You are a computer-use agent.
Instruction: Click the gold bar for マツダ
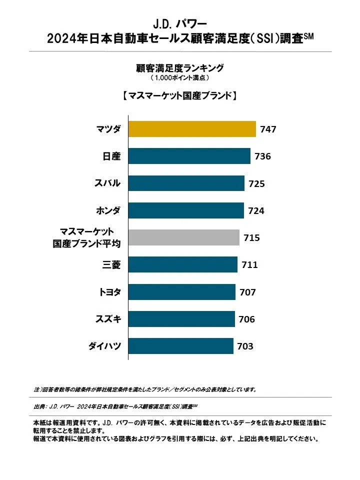coord(192,129)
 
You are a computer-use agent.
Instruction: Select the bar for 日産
coord(189,156)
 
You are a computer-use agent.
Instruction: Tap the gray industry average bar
coord(184,237)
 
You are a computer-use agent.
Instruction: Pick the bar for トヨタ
coord(182,292)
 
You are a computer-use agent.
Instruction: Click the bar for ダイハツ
coord(181,346)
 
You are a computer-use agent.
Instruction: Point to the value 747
coord(268,129)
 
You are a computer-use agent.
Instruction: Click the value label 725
coord(256,183)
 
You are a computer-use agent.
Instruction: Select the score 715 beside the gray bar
coord(251,238)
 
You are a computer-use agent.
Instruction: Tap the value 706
coord(247,319)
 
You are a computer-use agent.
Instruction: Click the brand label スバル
coord(107,183)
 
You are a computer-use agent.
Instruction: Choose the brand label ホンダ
coord(108,210)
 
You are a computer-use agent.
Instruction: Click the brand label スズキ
coord(108,319)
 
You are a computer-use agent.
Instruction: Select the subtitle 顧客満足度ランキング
coord(179,67)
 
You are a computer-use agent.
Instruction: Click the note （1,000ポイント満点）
coord(179,78)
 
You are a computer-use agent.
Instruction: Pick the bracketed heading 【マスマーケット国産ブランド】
coord(179,95)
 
